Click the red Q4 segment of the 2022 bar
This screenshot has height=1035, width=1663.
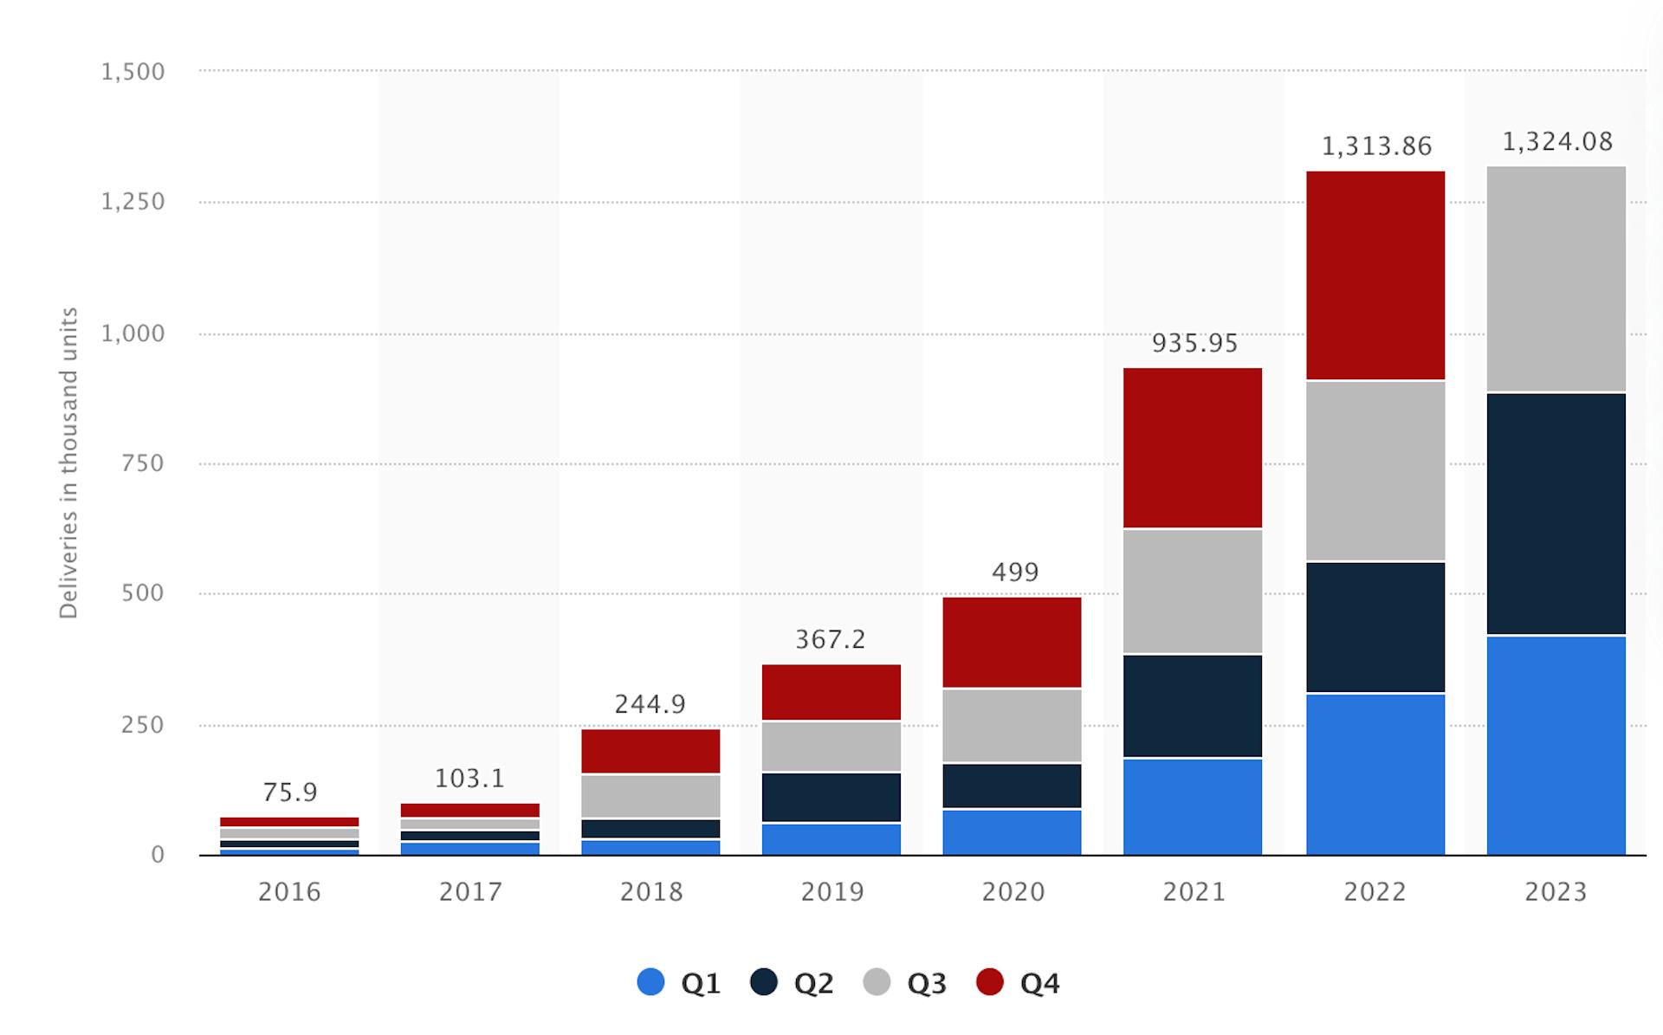pyautogui.click(x=1375, y=275)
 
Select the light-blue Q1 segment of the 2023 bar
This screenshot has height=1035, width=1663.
pyautogui.click(x=1556, y=746)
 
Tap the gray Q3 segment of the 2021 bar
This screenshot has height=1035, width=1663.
pyautogui.click(x=1193, y=591)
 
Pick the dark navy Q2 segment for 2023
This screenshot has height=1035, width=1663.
pyautogui.click(x=1556, y=514)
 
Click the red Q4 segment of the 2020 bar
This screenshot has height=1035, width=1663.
pyautogui.click(x=1012, y=642)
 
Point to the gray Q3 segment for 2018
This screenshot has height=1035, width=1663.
pyautogui.click(x=650, y=796)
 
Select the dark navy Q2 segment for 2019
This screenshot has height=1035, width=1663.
pyautogui.click(x=831, y=797)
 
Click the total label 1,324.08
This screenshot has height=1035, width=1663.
pyautogui.click(x=1556, y=141)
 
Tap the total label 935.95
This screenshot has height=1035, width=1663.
pyautogui.click(x=1194, y=343)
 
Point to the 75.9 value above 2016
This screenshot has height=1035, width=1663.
pyautogui.click(x=290, y=792)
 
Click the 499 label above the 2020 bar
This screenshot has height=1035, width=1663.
pyautogui.click(x=1014, y=572)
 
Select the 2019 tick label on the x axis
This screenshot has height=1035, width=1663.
pyautogui.click(x=832, y=891)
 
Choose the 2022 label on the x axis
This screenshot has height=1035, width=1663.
pyautogui.click(x=1375, y=891)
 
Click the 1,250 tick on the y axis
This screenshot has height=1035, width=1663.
pyautogui.click(x=133, y=202)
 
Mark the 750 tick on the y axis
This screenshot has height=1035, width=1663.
pyautogui.click(x=142, y=463)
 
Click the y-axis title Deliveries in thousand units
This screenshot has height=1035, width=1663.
pyautogui.click(x=68, y=463)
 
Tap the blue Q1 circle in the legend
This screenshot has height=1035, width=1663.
pyautogui.click(x=650, y=982)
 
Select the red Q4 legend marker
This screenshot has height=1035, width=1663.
pyautogui.click(x=989, y=982)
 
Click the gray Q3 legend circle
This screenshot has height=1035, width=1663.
pyautogui.click(x=877, y=982)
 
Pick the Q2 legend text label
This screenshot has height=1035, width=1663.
pyautogui.click(x=814, y=983)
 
